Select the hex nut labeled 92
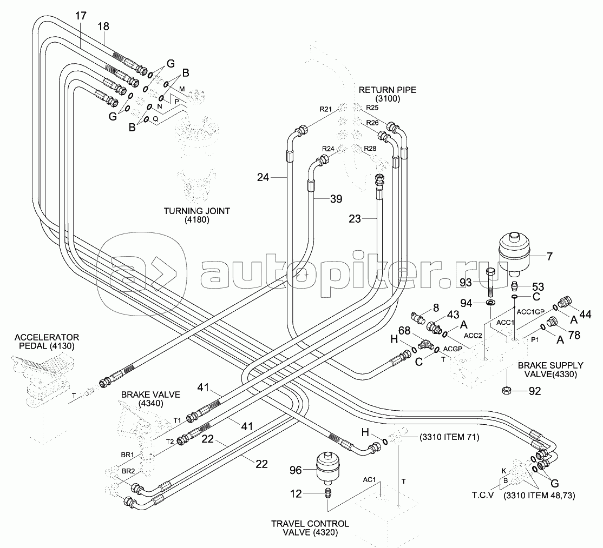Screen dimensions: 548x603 [507, 390]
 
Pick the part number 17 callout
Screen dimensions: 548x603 [80, 17]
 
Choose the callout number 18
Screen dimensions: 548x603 [103, 26]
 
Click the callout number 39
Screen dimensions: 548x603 [336, 199]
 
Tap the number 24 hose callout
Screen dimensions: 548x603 [263, 176]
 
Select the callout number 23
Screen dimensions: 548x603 [354, 219]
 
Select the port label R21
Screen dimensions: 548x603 [325, 109]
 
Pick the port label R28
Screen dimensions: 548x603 [370, 148]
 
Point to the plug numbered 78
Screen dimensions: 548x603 [552, 323]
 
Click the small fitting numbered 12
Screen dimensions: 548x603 [328, 493]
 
